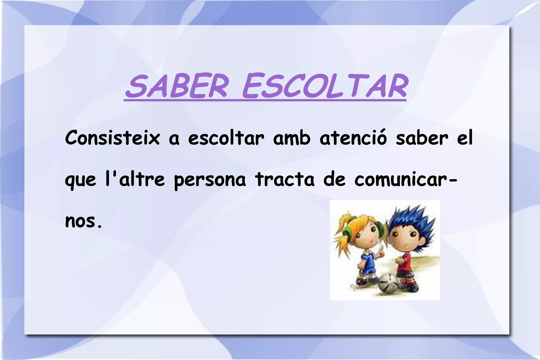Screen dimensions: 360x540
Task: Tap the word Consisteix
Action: (112, 138)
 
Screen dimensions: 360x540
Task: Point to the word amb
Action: (292, 138)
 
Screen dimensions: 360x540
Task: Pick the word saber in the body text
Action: (422, 138)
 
